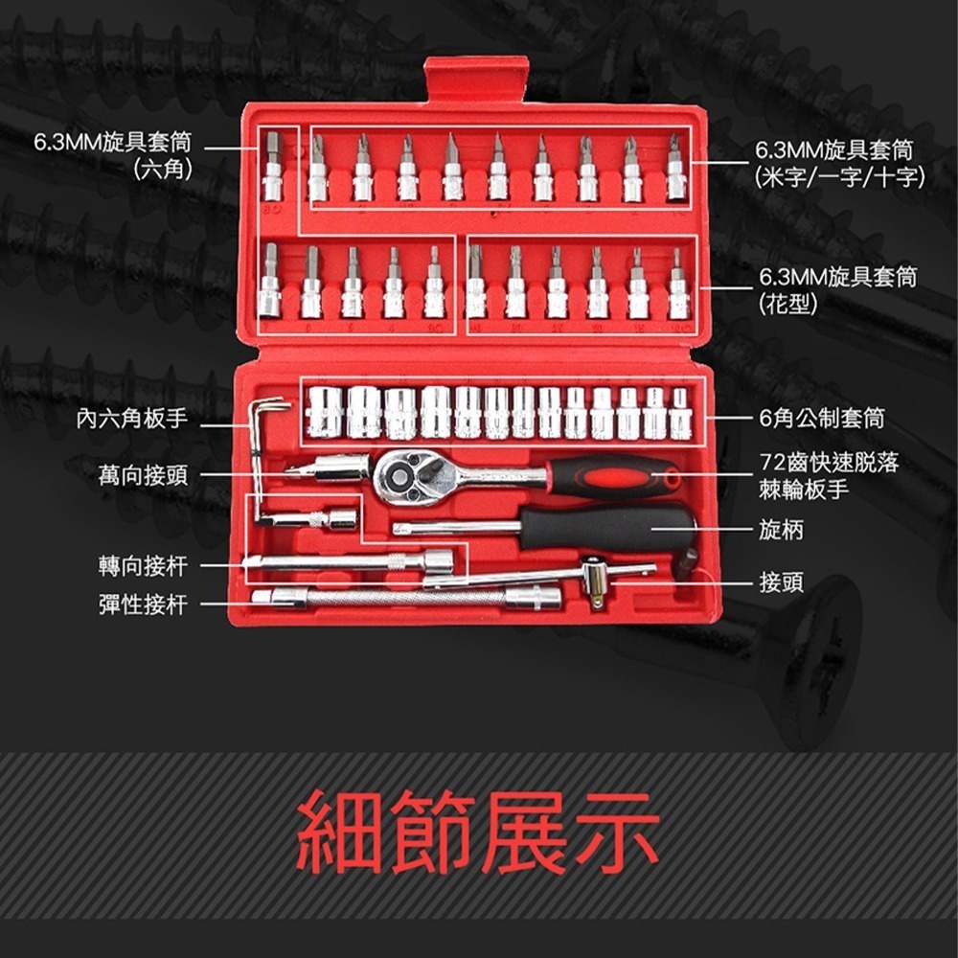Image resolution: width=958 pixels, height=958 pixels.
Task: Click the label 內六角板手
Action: tap(132, 419)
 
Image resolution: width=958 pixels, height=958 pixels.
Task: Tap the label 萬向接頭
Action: tap(143, 474)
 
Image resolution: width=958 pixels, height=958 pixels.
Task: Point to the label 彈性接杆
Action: tap(143, 604)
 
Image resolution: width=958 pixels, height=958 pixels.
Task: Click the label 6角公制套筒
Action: tap(821, 419)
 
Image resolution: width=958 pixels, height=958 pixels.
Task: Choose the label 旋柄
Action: tap(781, 530)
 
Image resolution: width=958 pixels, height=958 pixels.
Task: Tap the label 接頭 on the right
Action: tap(781, 582)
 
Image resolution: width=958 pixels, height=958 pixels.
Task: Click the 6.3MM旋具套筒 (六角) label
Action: tap(113, 156)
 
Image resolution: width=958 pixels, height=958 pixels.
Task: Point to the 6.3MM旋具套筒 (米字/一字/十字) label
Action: tap(839, 163)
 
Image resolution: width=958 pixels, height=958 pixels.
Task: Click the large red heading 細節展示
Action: tap(478, 832)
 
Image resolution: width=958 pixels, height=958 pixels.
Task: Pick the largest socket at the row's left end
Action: tap(324, 412)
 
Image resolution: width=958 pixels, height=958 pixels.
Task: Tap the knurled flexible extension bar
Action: tap(402, 599)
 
